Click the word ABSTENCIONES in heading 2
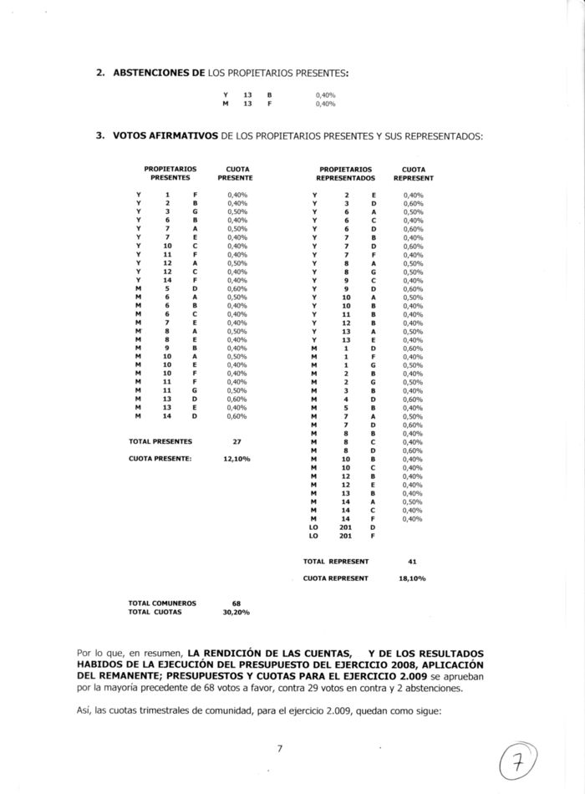coord(156,74)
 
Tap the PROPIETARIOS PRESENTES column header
coord(170,173)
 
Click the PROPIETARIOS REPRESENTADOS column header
coord(345,173)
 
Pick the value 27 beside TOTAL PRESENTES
coord(236,440)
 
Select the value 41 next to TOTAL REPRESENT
coord(411,562)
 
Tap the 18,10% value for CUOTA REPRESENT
coord(411,578)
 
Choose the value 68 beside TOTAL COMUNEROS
coord(236,603)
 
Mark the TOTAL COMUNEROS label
coord(162,603)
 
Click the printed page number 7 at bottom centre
coord(281,749)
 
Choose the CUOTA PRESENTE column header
coord(235,173)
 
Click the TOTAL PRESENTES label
coord(160,440)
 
